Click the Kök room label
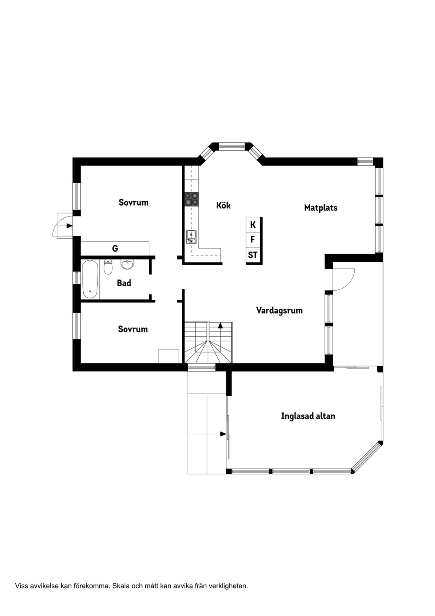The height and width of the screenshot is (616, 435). click(223, 205)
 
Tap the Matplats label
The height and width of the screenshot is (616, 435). click(321, 208)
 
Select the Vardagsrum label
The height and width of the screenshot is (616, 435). click(279, 310)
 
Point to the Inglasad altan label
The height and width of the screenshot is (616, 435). click(308, 416)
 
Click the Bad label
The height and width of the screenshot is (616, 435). click(124, 283)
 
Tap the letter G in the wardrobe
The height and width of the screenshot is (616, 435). click(115, 249)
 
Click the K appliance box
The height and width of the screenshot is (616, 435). click(253, 225)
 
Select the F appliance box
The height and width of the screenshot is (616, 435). click(253, 240)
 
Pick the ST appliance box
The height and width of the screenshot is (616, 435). click(253, 255)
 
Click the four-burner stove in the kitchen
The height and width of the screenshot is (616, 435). click(192, 199)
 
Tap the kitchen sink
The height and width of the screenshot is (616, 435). click(191, 237)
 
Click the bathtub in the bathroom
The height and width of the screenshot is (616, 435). click(90, 279)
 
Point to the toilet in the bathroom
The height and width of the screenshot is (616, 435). click(108, 266)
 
